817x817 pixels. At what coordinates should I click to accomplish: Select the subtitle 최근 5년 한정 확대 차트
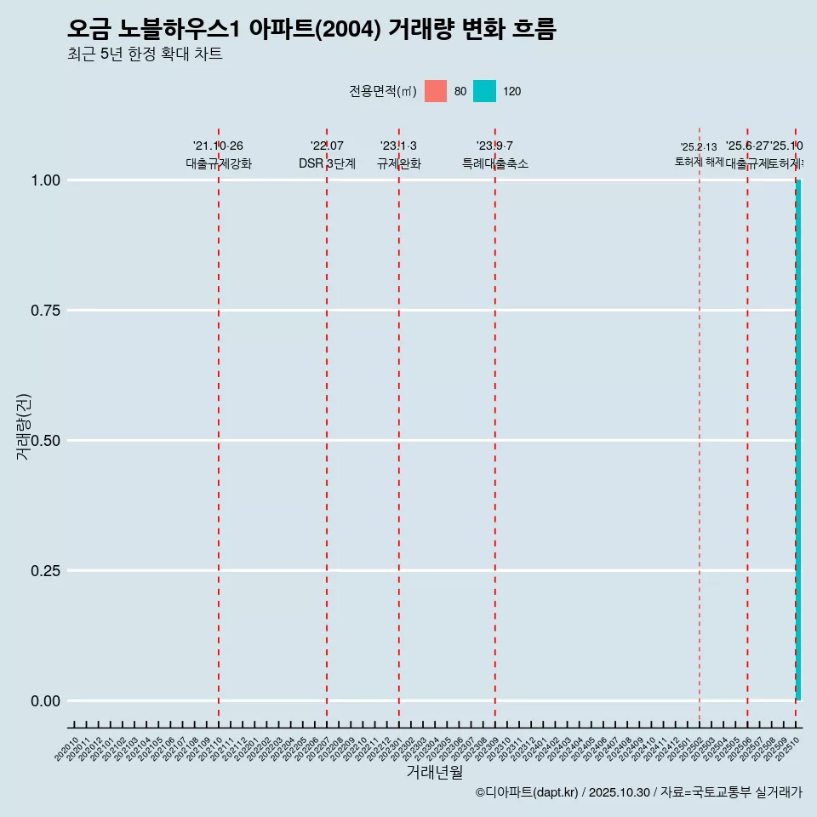point(145,54)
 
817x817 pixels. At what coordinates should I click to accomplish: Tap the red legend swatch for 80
point(436,91)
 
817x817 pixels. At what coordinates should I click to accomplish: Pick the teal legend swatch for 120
point(484,91)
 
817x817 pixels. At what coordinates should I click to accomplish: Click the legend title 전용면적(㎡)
point(383,91)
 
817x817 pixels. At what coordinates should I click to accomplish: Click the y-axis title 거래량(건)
point(23,426)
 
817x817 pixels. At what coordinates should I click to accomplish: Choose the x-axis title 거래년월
point(434,772)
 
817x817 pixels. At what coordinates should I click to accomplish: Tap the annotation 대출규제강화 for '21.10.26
point(219,163)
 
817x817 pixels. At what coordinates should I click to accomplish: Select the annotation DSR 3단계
point(327,163)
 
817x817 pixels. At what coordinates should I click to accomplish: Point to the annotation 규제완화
point(399,163)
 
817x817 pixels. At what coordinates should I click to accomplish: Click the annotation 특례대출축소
point(495,163)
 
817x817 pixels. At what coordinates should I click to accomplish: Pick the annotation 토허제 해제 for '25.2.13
point(699,161)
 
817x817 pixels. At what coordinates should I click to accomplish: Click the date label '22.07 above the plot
point(327,146)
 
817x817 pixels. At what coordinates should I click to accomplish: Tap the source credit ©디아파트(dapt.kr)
point(527,792)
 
